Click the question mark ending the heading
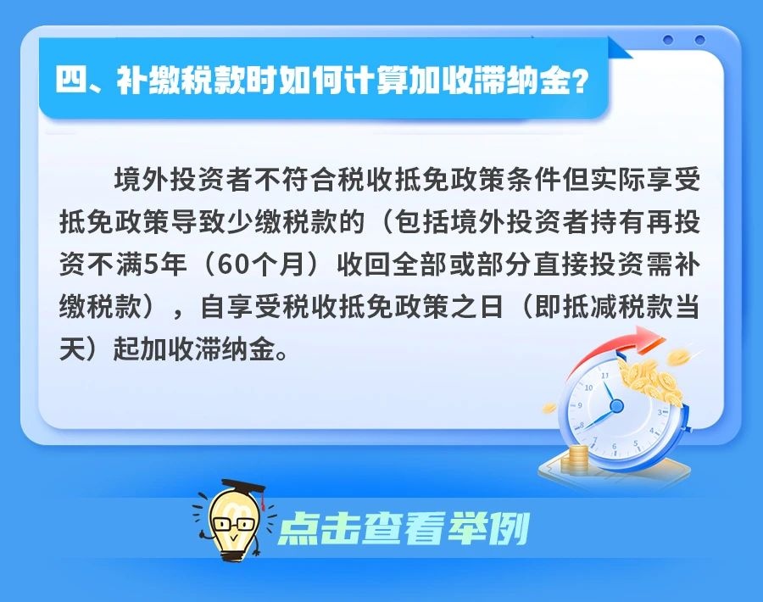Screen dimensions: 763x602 tap(578, 81)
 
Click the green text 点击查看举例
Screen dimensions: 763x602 tap(404, 528)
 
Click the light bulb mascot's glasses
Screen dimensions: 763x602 tap(234, 524)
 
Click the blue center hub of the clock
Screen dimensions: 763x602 tap(616, 405)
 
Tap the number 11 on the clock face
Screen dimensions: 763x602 tap(604, 376)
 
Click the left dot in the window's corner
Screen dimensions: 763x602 tap(668, 39)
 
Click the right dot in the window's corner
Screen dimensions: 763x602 tap(699, 39)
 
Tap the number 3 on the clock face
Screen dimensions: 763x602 tap(660, 412)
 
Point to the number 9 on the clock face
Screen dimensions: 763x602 tap(580, 405)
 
